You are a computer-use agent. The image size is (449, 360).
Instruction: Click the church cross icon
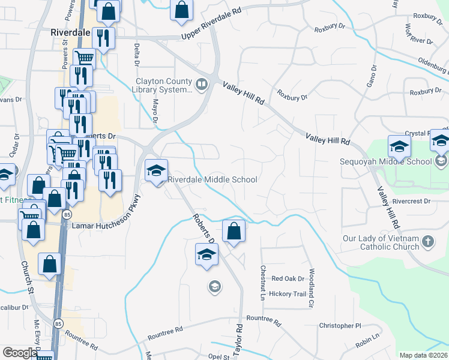(427, 242)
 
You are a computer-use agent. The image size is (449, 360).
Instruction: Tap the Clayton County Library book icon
(202, 85)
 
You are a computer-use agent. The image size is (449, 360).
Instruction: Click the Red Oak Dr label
(288, 278)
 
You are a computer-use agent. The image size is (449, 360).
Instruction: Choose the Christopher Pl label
(340, 326)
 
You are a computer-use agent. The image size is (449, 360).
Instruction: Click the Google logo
(19, 353)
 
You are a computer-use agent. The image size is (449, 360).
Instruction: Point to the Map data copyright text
(424, 355)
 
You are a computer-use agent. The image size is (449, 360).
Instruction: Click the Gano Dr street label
(373, 76)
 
